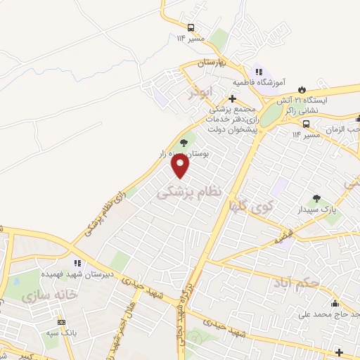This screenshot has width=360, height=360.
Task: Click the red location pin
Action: coord(181,165)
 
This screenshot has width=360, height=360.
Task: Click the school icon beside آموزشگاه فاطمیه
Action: coord(258,72)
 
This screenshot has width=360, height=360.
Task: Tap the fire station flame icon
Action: coord(303,89)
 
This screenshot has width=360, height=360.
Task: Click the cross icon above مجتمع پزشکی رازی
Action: coord(233,98)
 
